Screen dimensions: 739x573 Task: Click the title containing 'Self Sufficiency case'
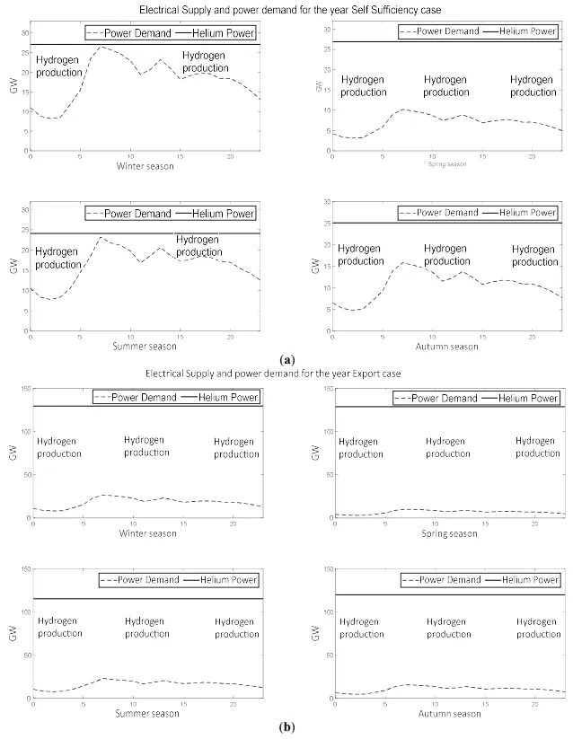coord(286,9)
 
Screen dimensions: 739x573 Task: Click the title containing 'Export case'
coord(286,374)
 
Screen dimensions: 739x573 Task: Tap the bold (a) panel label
coord(286,358)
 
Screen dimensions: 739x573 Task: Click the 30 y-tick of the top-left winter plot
coord(24,31)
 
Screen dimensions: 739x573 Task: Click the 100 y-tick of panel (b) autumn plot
coord(311,611)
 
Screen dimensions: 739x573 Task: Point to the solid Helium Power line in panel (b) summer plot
coord(180,599)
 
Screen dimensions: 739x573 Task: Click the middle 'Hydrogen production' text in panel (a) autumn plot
coord(446,255)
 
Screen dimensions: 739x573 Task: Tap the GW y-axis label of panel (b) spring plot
coord(316,454)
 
